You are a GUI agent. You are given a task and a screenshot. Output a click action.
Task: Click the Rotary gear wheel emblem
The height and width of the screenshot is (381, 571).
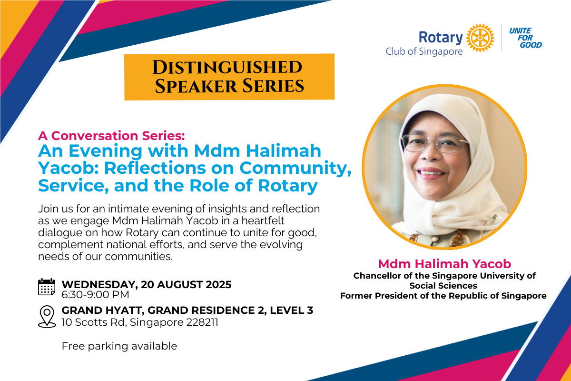[x=480, y=38]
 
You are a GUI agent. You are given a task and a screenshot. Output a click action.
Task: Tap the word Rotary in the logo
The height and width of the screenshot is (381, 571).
[x=441, y=37]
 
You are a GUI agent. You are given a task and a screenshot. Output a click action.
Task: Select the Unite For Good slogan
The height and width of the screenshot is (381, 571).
[x=525, y=38]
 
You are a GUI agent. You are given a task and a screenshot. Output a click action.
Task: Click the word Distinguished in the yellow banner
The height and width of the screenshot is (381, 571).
[x=227, y=67]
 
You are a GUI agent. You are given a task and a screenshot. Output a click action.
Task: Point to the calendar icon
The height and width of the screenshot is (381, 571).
[x=47, y=287]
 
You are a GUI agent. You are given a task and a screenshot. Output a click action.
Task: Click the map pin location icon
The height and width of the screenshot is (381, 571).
[x=47, y=316]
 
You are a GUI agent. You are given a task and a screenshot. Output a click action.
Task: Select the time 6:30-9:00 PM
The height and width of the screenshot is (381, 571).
[x=95, y=295]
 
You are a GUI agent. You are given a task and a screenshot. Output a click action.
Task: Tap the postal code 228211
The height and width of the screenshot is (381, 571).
[x=202, y=322]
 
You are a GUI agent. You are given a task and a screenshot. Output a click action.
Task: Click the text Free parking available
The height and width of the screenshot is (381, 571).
[x=119, y=346]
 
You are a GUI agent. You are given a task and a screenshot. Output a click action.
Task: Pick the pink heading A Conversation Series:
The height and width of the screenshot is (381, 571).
[x=111, y=136]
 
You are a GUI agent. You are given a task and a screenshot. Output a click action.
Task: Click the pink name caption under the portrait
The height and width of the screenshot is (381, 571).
[x=444, y=264]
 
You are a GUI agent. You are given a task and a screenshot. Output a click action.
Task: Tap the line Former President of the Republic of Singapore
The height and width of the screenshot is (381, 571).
[x=443, y=296]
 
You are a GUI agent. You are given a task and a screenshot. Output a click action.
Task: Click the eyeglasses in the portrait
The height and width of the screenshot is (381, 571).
[x=435, y=143]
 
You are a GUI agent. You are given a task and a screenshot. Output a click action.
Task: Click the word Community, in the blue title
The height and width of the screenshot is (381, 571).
[x=295, y=169]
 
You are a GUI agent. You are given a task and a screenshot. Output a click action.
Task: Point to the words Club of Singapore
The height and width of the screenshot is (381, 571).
[x=424, y=51]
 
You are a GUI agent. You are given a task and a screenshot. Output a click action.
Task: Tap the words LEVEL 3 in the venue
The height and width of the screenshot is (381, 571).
[x=291, y=311]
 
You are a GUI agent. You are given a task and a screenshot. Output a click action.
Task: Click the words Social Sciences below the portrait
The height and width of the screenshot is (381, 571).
[x=443, y=286]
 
